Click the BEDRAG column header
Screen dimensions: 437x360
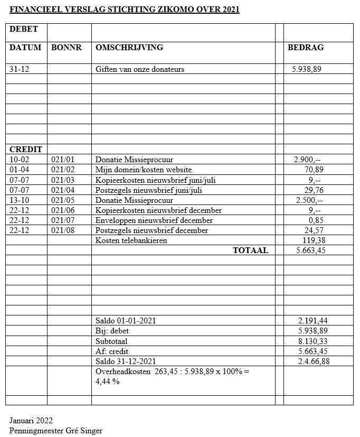pos(305,48)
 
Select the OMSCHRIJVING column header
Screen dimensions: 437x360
pos(129,48)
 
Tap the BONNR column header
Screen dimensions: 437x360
pos(67,48)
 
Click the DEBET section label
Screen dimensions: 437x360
pos(24,29)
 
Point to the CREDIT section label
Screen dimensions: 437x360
pos(26,150)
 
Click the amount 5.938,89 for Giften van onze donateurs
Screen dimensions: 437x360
pos(306,69)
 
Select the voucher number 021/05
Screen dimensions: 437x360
pos(63,200)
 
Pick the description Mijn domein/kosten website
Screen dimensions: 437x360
pos(144,170)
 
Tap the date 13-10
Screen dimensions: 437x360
pos(19,200)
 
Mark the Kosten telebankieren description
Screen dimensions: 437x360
pos(131,240)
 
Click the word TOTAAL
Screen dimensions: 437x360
pos(250,250)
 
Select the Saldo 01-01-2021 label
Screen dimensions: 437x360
pos(126,321)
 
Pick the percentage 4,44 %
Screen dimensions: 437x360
pos(107,382)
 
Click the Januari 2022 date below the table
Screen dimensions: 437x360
pos(31,421)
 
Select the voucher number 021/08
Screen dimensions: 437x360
pos(63,230)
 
